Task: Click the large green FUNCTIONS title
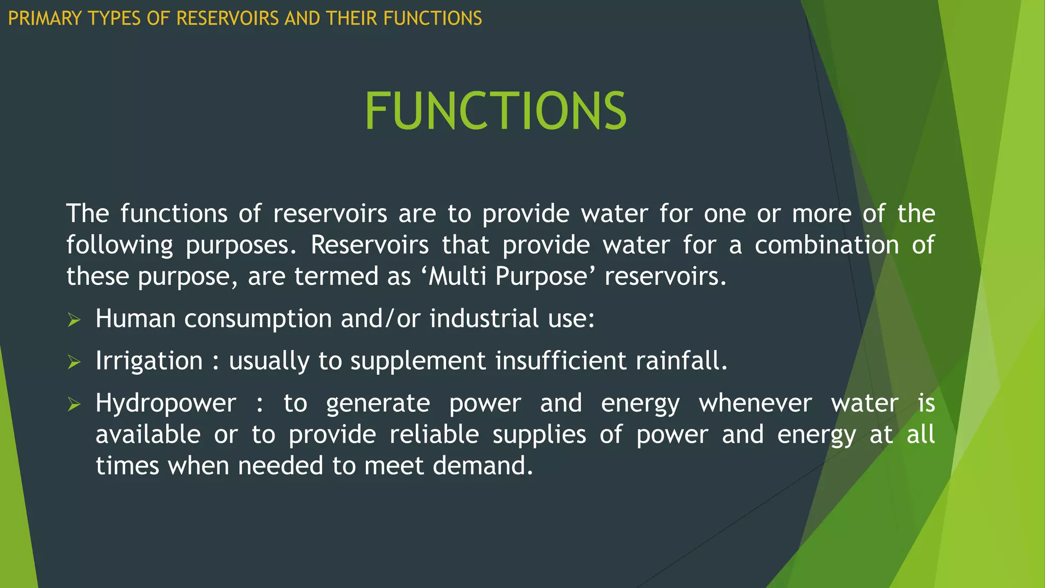point(495,111)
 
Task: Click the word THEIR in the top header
point(353,19)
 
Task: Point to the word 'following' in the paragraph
point(120,246)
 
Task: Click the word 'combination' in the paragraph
point(827,246)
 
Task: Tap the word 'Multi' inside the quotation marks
point(457,277)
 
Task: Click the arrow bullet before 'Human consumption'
point(74,320)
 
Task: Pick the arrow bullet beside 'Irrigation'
point(74,362)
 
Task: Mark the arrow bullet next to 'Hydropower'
point(74,405)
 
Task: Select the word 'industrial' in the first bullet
point(484,319)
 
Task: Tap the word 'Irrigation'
point(149,361)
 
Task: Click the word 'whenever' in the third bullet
point(755,404)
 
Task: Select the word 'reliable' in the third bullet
point(434,435)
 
